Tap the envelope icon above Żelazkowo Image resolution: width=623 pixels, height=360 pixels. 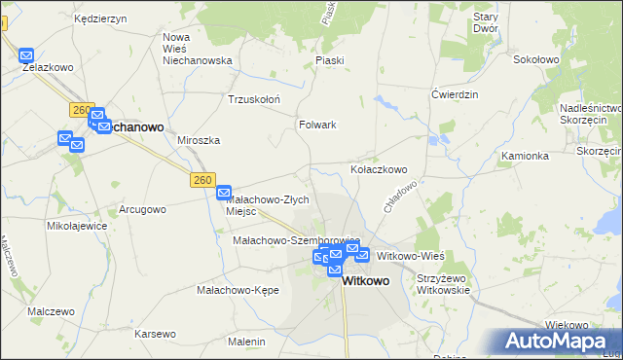(26, 56)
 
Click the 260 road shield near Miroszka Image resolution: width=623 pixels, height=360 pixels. (202, 180)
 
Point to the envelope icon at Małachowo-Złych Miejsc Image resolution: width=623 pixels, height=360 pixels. (223, 193)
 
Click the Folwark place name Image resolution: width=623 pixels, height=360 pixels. (317, 125)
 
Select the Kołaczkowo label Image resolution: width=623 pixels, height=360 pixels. (379, 169)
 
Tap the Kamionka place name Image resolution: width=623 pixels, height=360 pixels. (526, 156)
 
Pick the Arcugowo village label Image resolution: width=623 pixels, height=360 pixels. (142, 209)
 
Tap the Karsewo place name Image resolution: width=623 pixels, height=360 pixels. (156, 334)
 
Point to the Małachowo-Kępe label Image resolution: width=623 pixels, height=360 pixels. (238, 290)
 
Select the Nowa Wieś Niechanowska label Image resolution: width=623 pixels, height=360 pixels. (197, 49)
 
